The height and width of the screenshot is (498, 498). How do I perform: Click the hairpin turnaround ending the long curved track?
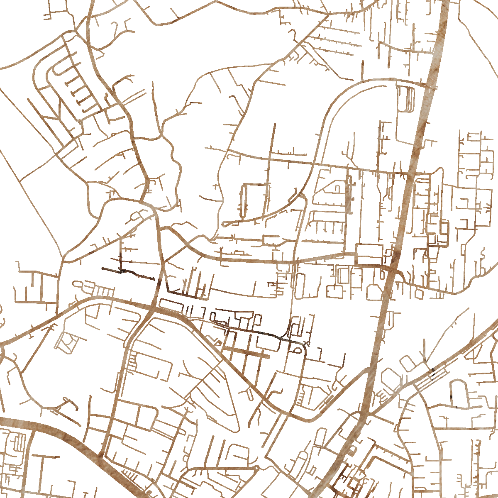click(x=225, y=224)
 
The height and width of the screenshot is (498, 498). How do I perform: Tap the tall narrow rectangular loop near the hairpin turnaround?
click(x=244, y=201)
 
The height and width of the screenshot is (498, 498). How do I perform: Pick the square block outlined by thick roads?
click(x=369, y=254)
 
